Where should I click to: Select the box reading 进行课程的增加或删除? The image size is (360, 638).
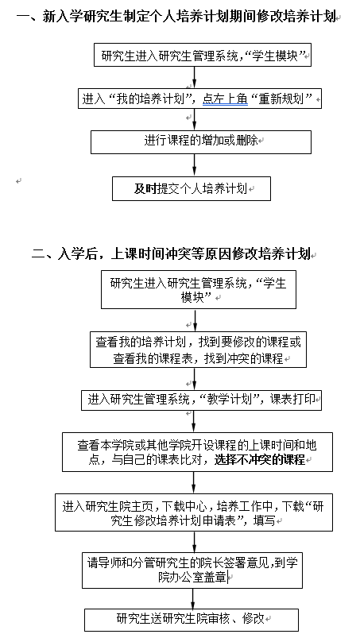coord(201,142)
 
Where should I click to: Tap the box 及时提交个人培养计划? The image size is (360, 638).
coord(192,188)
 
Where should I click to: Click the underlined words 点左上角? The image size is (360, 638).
coord(226,99)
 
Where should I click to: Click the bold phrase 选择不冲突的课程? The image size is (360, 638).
coord(260,460)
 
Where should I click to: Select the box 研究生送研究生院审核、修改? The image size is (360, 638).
coord(192,620)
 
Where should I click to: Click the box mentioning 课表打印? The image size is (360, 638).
coord(201,400)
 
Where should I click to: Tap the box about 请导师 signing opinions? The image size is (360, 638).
coord(192,570)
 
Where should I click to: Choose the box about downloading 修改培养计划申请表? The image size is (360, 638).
coord(194,512)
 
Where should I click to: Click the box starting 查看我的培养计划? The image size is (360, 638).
coord(198,350)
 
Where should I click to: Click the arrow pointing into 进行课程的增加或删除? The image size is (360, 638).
coord(194,120)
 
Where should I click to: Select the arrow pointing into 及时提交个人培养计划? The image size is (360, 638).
coord(194,165)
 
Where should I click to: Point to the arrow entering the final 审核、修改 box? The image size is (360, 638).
coord(193,598)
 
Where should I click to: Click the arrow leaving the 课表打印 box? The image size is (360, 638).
coord(194,422)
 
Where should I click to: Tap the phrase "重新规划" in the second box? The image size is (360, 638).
coord(285,99)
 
